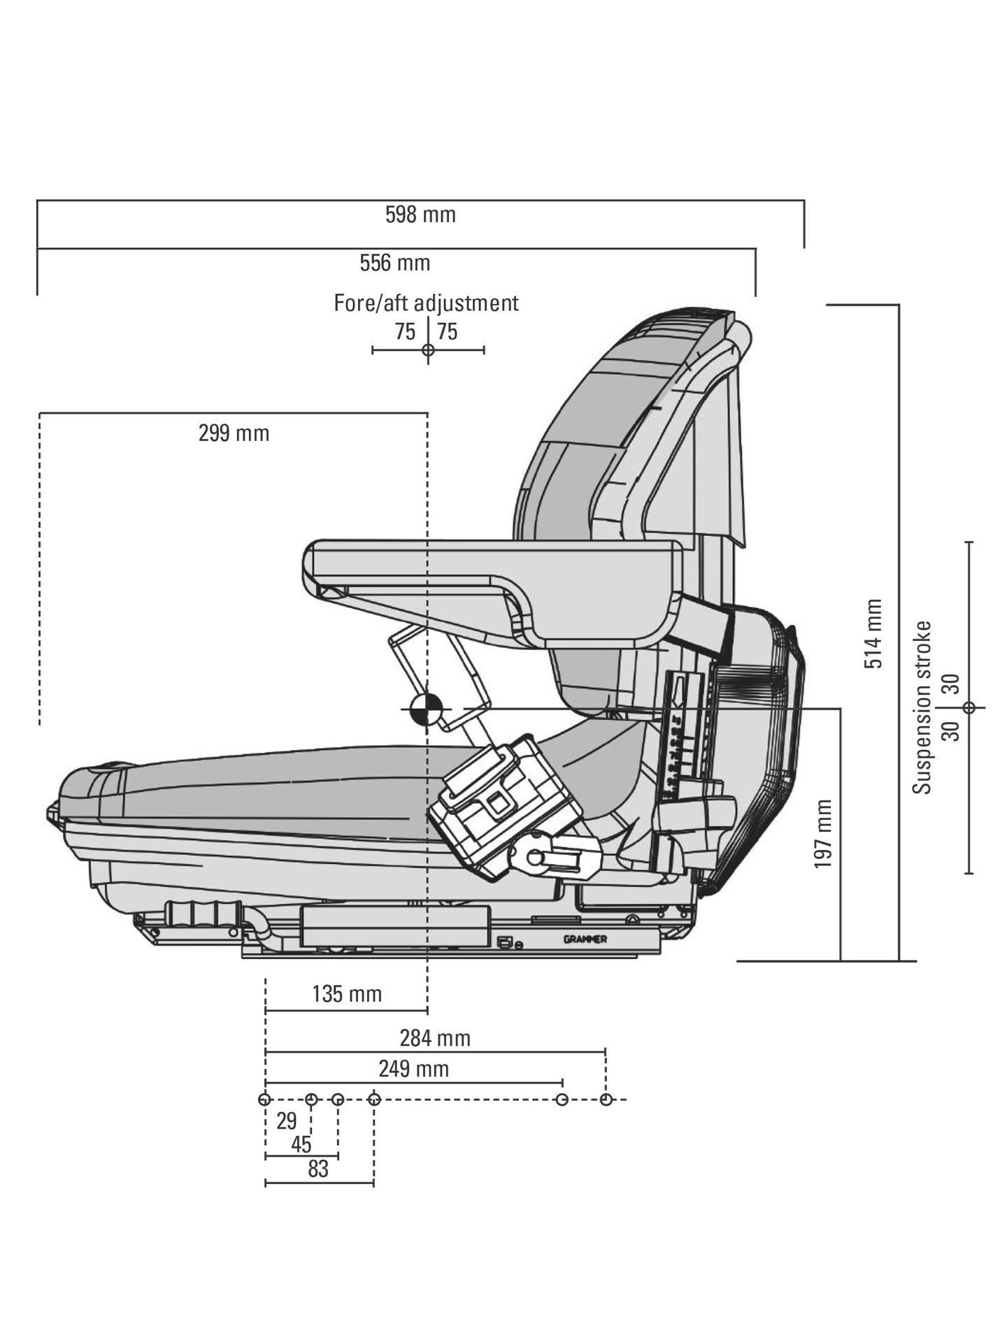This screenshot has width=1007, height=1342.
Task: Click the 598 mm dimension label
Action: pyautogui.click(x=420, y=215)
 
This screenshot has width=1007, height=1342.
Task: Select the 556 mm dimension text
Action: pyautogui.click(x=395, y=264)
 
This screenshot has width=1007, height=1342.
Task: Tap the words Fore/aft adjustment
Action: pyautogui.click(x=426, y=303)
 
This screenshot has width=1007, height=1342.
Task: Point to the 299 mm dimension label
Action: pyautogui.click(x=234, y=433)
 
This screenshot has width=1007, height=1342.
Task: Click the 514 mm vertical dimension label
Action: pyautogui.click(x=873, y=633)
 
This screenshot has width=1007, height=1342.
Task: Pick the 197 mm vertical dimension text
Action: pyautogui.click(x=823, y=835)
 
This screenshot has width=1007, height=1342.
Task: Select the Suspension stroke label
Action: pyautogui.click(x=923, y=707)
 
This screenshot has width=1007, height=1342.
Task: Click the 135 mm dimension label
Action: pyautogui.click(x=347, y=994)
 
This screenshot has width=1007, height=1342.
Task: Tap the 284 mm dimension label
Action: pyautogui.click(x=435, y=1038)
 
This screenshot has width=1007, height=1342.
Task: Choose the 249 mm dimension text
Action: pyautogui.click(x=414, y=1069)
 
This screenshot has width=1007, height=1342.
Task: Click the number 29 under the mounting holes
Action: pyautogui.click(x=286, y=1121)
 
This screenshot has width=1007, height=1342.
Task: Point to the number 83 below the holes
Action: pyautogui.click(x=318, y=1169)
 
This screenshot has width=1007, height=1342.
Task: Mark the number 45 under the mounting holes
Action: pyautogui.click(x=301, y=1145)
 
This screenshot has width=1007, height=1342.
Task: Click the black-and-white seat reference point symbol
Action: pyautogui.click(x=426, y=709)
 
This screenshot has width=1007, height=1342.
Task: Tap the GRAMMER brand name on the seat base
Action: pyautogui.click(x=585, y=939)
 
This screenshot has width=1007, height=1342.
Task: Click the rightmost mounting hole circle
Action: pyautogui.click(x=606, y=1099)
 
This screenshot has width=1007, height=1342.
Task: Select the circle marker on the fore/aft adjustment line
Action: pyautogui.click(x=428, y=349)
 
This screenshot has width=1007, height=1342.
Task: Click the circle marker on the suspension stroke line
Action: pyautogui.click(x=969, y=707)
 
